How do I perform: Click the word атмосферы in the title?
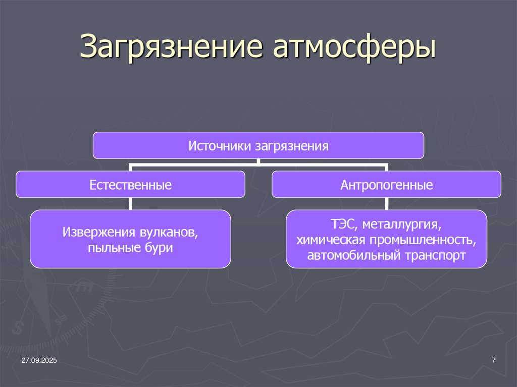pyautogui.click(x=354, y=48)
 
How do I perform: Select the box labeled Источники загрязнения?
pyautogui.click(x=258, y=146)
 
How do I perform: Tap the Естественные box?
pyautogui.click(x=130, y=185)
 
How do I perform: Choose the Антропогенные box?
pyautogui.click(x=386, y=185)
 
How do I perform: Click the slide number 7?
pyautogui.click(x=493, y=360)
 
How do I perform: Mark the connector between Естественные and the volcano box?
pyautogui.click(x=130, y=203)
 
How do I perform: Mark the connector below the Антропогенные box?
pyautogui.click(x=386, y=203)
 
